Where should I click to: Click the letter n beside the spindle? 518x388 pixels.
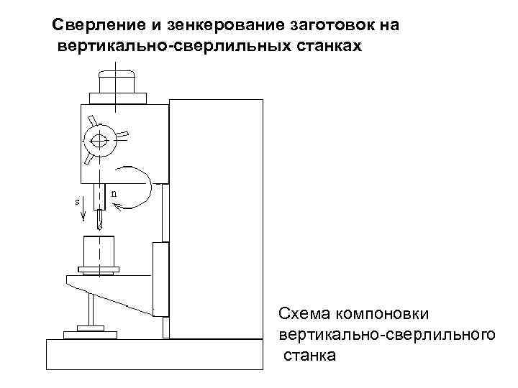pyautogui.click(x=114, y=193)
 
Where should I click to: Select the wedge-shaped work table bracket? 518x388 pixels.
pyautogui.click(x=115, y=291)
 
